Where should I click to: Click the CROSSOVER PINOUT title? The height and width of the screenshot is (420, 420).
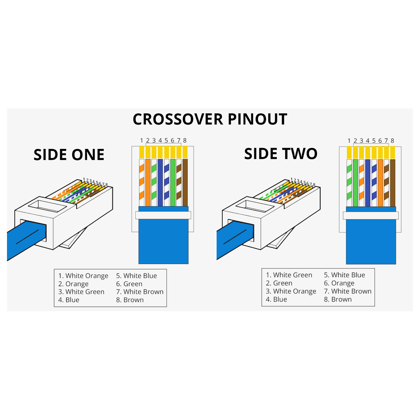click(210, 119)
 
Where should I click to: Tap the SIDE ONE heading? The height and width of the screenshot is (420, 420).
click(69, 155)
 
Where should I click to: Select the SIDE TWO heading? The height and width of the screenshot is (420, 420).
click(281, 154)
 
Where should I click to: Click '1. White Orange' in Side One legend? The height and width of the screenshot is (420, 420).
click(83, 276)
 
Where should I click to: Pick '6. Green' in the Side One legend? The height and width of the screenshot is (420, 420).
click(129, 284)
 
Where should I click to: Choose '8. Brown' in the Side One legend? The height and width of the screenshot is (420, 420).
click(130, 300)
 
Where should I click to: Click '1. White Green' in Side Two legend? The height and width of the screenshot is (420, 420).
click(289, 275)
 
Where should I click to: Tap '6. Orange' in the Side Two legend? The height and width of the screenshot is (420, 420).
click(339, 283)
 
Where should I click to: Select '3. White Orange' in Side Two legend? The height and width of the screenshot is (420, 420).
click(291, 291)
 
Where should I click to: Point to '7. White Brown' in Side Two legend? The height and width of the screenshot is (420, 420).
click(347, 291)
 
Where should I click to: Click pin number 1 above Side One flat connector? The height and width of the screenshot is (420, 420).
click(142, 141)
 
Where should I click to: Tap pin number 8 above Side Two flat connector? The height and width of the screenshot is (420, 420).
click(392, 141)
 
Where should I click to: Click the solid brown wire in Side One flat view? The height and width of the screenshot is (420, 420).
click(185, 183)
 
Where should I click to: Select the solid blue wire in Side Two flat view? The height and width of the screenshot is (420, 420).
click(367, 183)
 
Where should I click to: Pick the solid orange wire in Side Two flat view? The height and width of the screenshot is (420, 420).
click(380, 183)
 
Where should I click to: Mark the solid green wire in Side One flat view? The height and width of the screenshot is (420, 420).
click(173, 183)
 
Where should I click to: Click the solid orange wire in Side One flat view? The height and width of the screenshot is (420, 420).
click(148, 183)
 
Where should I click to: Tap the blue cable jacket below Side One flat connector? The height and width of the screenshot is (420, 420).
click(163, 242)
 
